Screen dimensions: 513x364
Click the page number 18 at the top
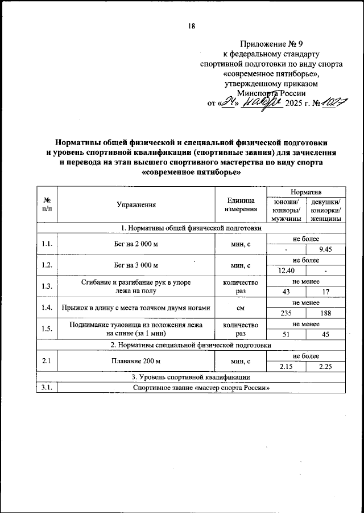pyautogui.click(x=191, y=26)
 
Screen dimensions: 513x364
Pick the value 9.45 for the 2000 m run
pyautogui.click(x=326, y=249)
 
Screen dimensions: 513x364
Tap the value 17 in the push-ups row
pyautogui.click(x=326, y=291)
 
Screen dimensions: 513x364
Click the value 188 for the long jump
pyautogui.click(x=326, y=313)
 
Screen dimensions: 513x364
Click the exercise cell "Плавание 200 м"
pyautogui.click(x=136, y=361)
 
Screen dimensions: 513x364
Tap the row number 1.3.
pyautogui.click(x=47, y=286)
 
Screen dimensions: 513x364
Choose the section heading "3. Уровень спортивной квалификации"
pyautogui.click(x=191, y=377)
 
